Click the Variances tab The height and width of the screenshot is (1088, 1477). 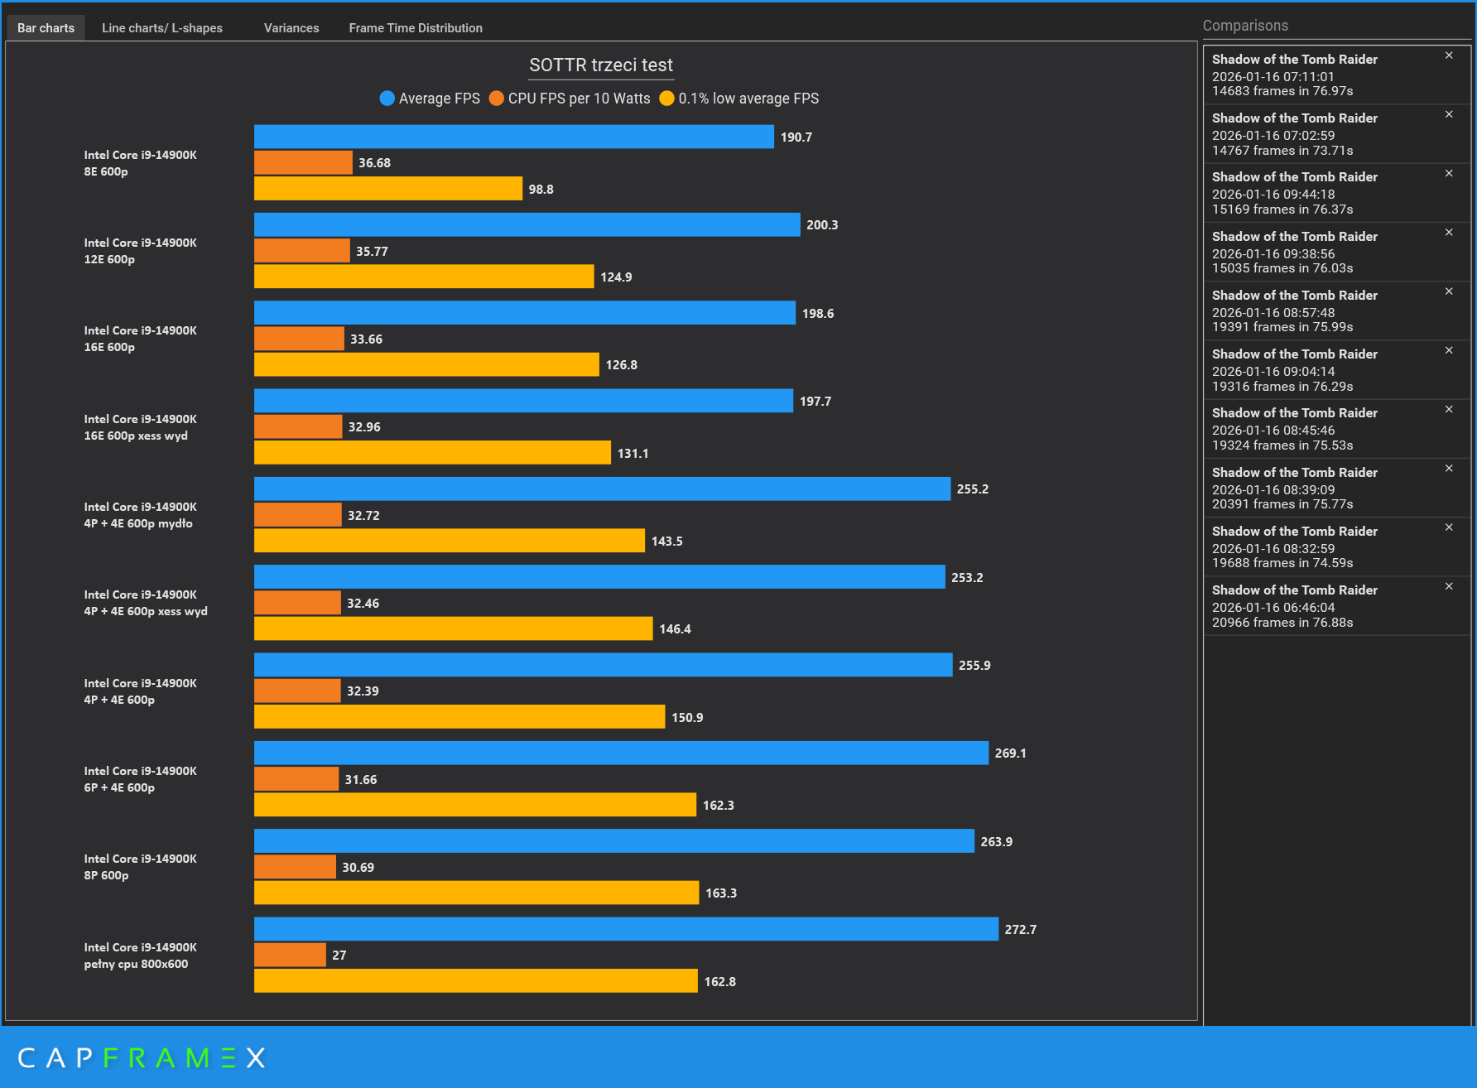click(291, 28)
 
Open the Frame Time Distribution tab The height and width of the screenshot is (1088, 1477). click(416, 28)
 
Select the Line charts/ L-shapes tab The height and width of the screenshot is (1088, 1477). click(162, 28)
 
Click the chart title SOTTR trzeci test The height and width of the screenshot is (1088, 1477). click(601, 65)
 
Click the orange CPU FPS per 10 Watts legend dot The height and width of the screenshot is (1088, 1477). click(497, 99)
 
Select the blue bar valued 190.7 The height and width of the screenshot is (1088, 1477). click(513, 137)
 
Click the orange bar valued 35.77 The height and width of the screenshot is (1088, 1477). click(302, 251)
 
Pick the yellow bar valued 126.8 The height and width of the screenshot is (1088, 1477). click(426, 364)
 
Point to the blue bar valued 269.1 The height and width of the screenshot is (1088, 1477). click(621, 753)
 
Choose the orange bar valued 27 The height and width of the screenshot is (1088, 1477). click(290, 955)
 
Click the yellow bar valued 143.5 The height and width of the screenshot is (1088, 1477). click(450, 541)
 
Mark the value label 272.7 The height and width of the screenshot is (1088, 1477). click(1020, 930)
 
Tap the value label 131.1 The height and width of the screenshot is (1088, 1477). click(633, 454)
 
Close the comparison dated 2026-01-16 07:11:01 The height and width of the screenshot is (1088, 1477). click(1449, 55)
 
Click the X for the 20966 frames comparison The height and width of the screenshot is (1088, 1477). click(1449, 586)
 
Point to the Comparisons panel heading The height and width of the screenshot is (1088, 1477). click(1245, 26)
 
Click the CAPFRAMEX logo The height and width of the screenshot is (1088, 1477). click(142, 1057)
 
